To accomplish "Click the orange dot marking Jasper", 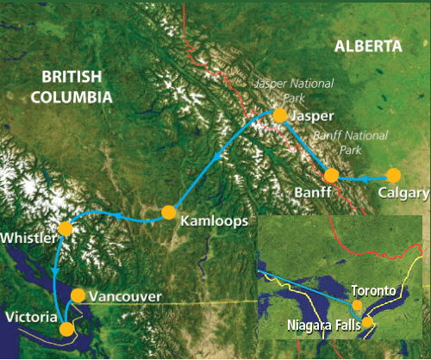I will click(x=279, y=115).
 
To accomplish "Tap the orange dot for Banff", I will click(x=332, y=176).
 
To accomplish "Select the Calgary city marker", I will click(x=393, y=175).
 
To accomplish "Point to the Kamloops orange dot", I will click(x=169, y=213).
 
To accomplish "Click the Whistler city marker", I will click(x=65, y=228).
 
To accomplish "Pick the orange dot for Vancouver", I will click(x=78, y=295).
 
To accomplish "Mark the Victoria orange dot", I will click(x=66, y=328).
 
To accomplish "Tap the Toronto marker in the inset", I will click(x=358, y=304).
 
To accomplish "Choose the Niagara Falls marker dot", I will click(x=368, y=323).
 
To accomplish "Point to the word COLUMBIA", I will click(x=72, y=96).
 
